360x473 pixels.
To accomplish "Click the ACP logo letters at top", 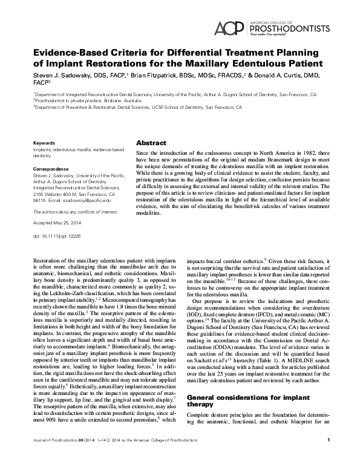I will (x=231, y=27).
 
